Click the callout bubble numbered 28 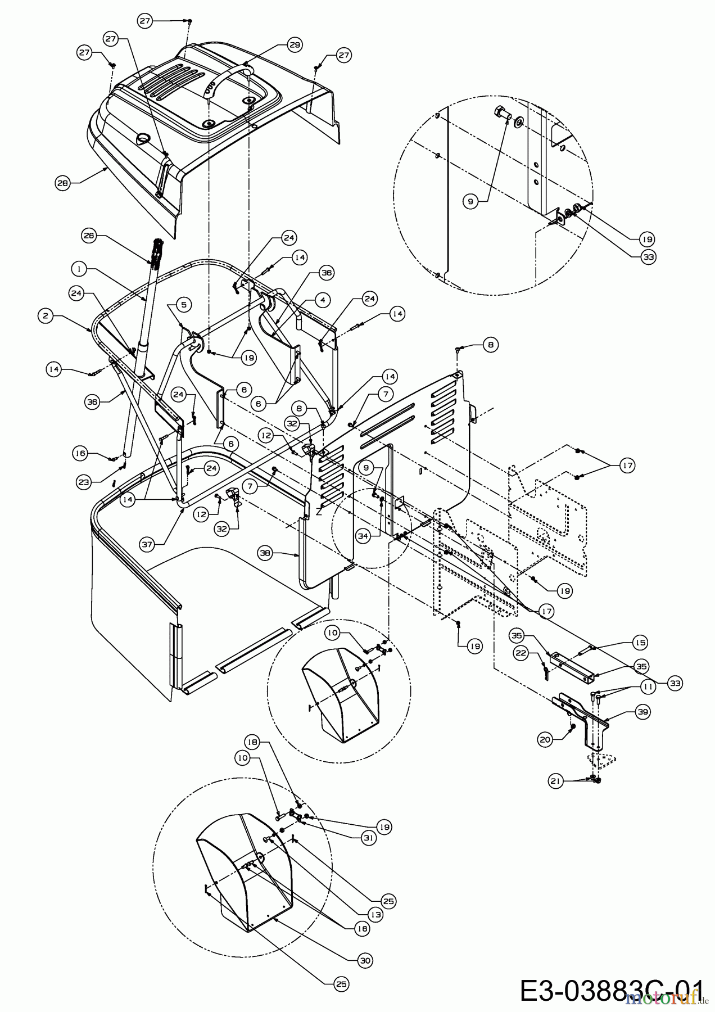tap(62, 183)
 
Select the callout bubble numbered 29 tap(295, 45)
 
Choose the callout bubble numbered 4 tap(322, 301)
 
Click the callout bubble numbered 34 tap(363, 536)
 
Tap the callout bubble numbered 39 tap(643, 712)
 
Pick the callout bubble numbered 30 tap(365, 961)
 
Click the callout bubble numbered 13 tap(375, 915)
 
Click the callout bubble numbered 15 tap(640, 642)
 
